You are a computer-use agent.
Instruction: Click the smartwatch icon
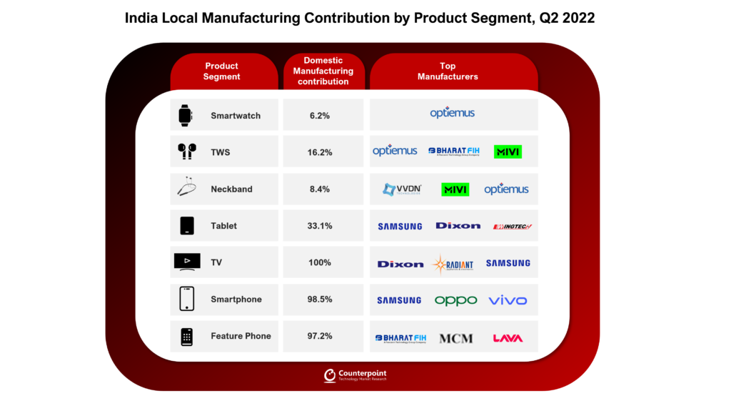[186, 115]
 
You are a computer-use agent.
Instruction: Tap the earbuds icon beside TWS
[186, 152]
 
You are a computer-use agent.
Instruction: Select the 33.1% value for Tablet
[319, 226]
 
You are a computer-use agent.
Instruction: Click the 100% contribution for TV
[319, 262]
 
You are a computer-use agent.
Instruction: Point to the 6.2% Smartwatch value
[319, 115]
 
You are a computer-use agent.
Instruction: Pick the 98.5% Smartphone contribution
[319, 299]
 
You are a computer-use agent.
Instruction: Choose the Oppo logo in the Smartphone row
[455, 300]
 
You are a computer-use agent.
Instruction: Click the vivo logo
[508, 300]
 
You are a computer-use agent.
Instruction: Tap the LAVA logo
[508, 338]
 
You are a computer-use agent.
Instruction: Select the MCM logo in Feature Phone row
[455, 338]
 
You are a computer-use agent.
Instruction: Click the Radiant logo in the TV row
[452, 264]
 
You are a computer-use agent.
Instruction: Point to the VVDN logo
[402, 189]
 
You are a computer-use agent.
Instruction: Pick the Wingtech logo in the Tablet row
[513, 227]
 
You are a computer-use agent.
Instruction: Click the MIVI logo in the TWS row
[508, 152]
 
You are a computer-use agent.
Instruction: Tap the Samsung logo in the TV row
[508, 263]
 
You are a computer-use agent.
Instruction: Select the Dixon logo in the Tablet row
[458, 226]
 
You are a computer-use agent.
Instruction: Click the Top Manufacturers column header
[448, 71]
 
